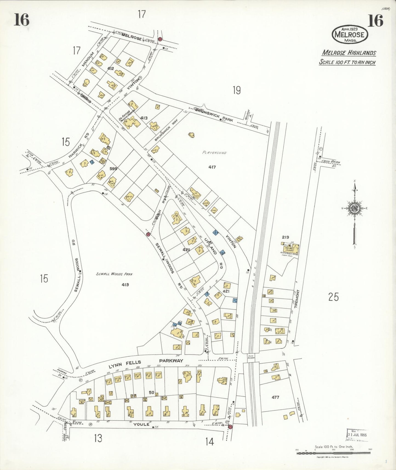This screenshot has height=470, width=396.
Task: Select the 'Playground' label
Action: (215, 152)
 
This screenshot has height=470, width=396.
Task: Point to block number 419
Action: (125, 285)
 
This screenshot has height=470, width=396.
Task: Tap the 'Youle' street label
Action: (141, 424)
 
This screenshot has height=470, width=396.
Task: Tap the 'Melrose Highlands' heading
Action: (349, 53)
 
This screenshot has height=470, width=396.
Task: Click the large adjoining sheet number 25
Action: (333, 297)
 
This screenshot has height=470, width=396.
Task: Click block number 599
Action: (113, 169)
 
